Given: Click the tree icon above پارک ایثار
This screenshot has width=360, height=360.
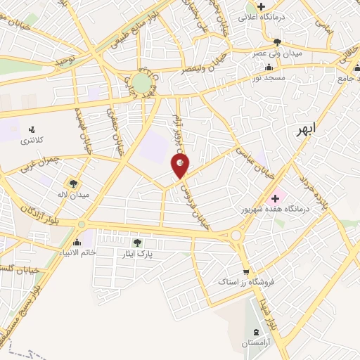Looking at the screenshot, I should [x=146, y=241].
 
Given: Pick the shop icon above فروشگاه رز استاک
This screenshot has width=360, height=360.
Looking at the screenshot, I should [x=245, y=273].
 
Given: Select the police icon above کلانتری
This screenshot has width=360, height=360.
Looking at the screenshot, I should [x=30, y=129].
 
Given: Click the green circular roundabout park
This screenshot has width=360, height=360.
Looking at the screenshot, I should [x=141, y=84].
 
